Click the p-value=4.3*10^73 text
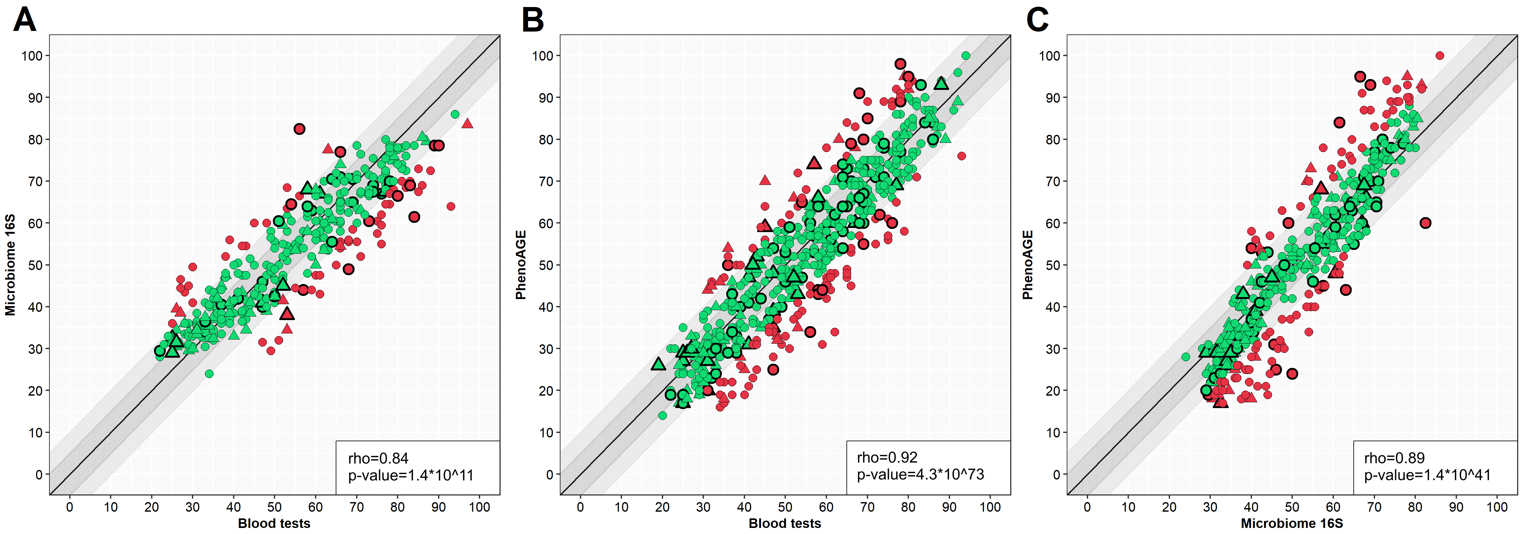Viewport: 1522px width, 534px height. pyautogui.click(x=920, y=474)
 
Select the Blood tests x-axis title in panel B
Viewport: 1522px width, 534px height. pyautogui.click(x=785, y=523)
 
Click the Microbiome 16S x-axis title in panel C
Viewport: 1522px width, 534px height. pyautogui.click(x=1292, y=523)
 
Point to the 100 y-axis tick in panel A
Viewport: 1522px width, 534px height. pyautogui.click(x=32, y=56)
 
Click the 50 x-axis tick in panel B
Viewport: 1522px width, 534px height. pyautogui.click(x=785, y=507)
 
